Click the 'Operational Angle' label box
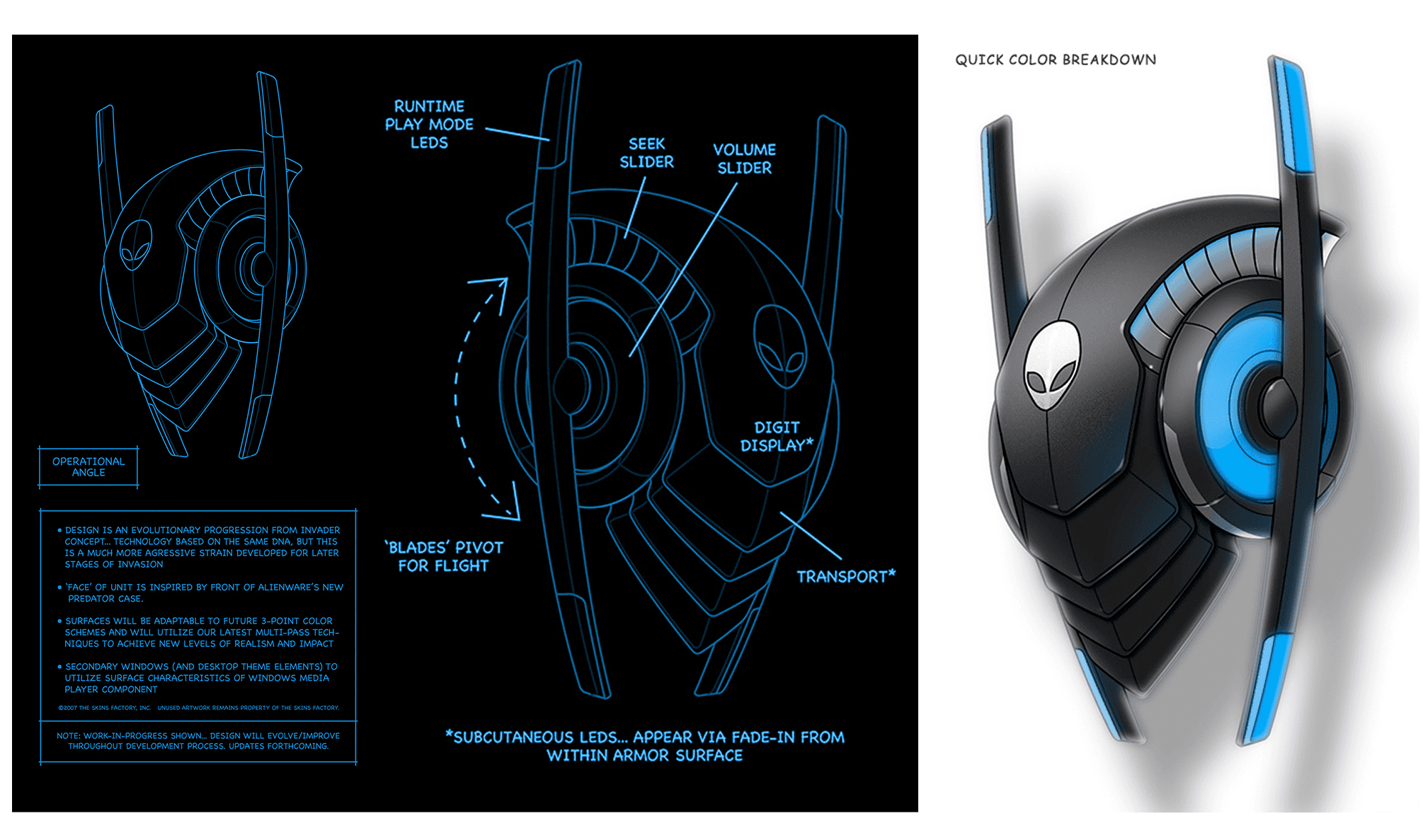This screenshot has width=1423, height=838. coord(88,467)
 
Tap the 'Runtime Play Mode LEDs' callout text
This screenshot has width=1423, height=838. coord(429,125)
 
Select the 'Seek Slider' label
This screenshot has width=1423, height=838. coord(646,153)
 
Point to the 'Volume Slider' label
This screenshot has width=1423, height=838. coord(744,159)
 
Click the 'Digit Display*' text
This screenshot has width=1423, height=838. coord(777,437)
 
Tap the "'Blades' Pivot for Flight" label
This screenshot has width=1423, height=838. coord(444,557)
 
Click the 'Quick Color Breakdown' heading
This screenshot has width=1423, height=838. coord(1056,60)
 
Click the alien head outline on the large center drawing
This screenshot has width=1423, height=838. coord(779,347)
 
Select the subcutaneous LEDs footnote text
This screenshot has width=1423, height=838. coord(645,746)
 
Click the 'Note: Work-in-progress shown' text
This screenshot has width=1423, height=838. coord(198,741)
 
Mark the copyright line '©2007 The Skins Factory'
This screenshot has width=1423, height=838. coord(198,708)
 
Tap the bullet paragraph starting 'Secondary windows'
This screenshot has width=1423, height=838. coord(201,678)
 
